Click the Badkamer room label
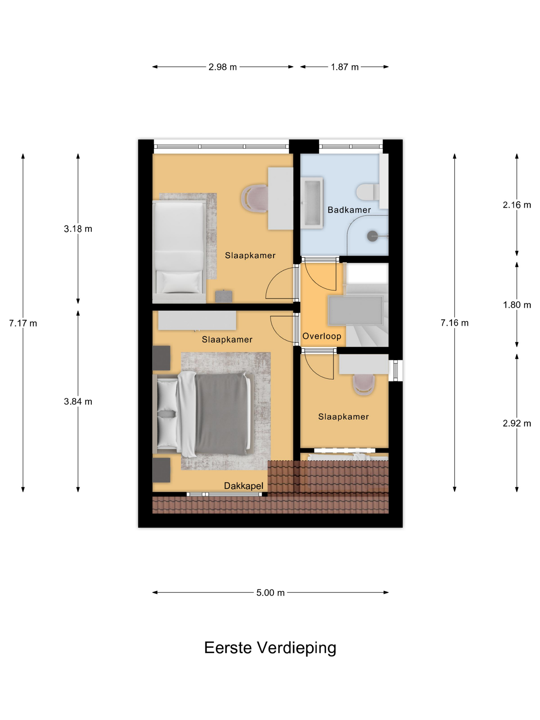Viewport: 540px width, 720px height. coord(349,210)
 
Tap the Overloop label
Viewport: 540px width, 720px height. coord(322,336)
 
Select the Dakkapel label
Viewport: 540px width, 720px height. coord(244,486)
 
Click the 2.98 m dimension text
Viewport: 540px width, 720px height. coord(223,67)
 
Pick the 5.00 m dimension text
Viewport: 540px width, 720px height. coord(270,593)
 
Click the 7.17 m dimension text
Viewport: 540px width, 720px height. coord(23,323)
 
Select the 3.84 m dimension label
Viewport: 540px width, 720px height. coord(78,402)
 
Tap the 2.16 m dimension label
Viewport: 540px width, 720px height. coord(517,205)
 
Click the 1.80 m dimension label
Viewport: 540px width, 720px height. coord(517,305)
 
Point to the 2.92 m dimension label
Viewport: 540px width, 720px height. coord(517,423)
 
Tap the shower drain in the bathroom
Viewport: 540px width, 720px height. coord(372,236)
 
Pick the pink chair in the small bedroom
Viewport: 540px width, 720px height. coord(364,384)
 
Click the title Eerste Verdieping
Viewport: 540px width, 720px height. coord(270,648)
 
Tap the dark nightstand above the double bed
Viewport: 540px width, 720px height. coord(161,358)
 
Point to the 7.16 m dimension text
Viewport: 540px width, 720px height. coord(455,323)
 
